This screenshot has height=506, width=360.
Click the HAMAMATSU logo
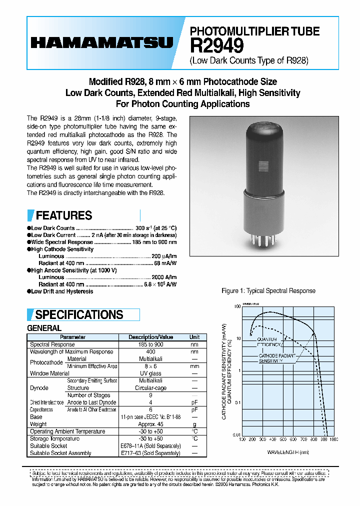pos(101,43)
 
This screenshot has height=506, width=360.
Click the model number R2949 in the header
pos(217,46)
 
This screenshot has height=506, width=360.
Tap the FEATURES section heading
pos(64,215)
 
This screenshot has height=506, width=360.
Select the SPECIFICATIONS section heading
pos(79,314)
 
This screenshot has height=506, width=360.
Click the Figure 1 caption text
pos(268,291)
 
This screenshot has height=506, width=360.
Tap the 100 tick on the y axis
pos(237,306)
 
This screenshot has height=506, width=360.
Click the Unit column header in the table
pos(194,337)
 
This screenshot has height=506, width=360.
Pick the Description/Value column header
pos(150,337)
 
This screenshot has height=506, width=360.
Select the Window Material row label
pos(49,373)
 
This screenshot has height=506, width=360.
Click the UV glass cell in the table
pos(150,373)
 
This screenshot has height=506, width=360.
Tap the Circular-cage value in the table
pos(150,388)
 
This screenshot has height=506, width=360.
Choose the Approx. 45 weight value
pos(150,424)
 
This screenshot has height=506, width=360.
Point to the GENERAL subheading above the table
pos(44,328)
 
